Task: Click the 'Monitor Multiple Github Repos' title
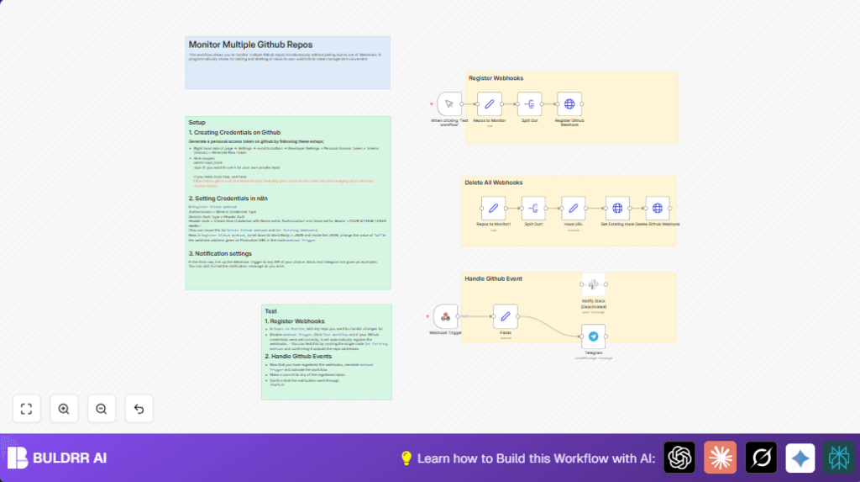click(x=250, y=45)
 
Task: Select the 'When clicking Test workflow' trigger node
click(x=449, y=104)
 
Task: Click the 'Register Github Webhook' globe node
click(x=569, y=104)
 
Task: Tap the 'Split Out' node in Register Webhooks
click(x=529, y=104)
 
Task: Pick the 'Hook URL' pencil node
click(x=573, y=208)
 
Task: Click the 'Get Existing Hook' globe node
click(x=617, y=208)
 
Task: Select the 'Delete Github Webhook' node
click(x=658, y=208)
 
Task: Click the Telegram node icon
click(x=593, y=336)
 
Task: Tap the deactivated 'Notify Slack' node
click(x=593, y=284)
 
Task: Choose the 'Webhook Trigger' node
click(x=446, y=316)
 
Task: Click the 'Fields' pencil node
click(x=506, y=316)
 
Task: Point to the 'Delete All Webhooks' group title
click(x=494, y=183)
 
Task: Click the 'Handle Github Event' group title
click(x=494, y=278)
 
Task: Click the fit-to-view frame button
click(x=26, y=409)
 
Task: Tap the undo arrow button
click(x=139, y=409)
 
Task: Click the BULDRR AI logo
click(x=57, y=458)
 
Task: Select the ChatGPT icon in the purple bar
click(x=679, y=458)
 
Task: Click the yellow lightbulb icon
click(x=406, y=458)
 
